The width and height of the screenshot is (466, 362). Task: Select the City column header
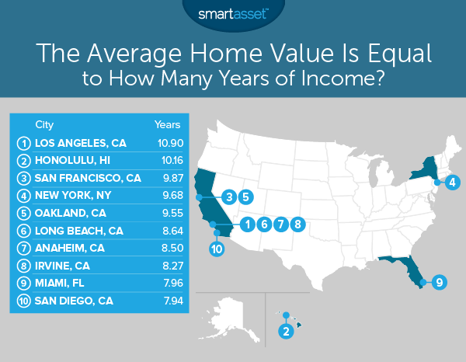pos(45,124)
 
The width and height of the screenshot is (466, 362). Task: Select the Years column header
pos(167,124)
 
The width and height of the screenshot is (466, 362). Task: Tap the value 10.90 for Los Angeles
pos(167,143)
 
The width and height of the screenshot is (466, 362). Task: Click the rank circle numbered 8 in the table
pos(23,268)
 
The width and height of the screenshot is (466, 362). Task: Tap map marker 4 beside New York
pos(452,183)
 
